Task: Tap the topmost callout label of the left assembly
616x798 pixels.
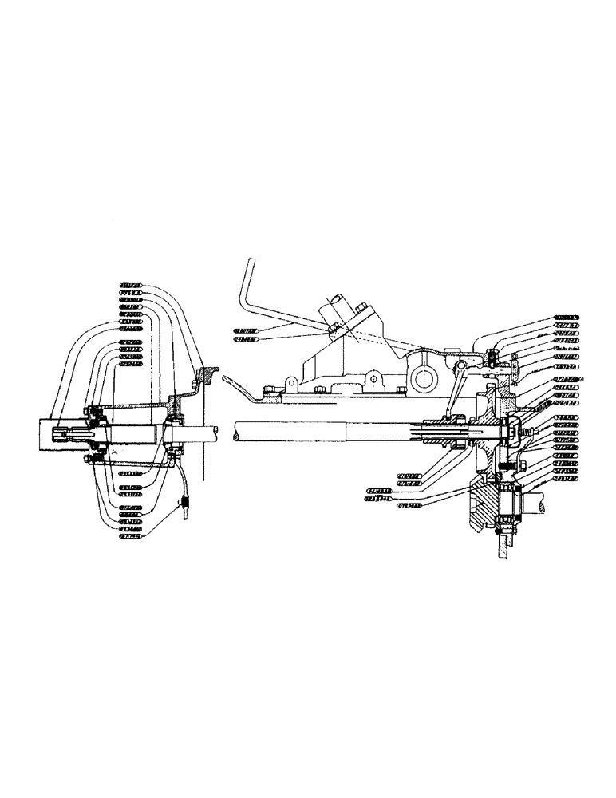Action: [x=131, y=285]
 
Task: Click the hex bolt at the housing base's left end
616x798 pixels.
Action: [x=270, y=390]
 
